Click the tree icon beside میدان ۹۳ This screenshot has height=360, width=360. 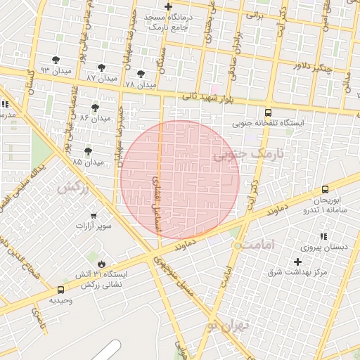coord(56,60)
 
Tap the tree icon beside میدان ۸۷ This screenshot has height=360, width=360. coord(104,67)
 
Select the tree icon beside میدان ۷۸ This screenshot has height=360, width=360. coord(141,74)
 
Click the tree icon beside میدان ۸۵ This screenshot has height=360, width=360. coord(88,151)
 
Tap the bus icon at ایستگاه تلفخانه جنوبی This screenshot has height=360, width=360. coord(268,112)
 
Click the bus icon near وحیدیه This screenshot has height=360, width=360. coord(61,289)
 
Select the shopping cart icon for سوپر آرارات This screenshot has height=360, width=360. coord(94,216)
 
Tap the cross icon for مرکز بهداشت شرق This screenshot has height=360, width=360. coord(298,262)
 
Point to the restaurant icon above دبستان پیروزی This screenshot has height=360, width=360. coord(323,237)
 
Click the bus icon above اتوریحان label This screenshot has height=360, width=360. coord(325,189)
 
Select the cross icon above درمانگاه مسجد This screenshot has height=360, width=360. coord(168,6)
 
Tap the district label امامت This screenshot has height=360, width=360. coord(256,245)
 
